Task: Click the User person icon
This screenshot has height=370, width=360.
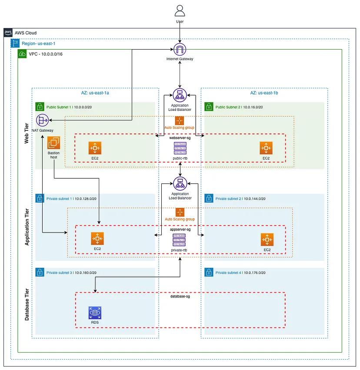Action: click(180, 10)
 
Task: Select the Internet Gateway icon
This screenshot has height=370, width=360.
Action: click(180, 49)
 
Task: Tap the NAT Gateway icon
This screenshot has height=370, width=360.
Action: click(43, 120)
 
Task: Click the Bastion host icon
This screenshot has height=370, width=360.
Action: click(54, 143)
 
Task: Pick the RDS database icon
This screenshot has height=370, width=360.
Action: click(95, 313)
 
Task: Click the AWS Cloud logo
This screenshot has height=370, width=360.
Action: click(8, 33)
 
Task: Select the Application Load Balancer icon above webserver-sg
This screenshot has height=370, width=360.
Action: click(180, 95)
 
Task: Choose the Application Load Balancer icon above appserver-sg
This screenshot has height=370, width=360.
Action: click(180, 183)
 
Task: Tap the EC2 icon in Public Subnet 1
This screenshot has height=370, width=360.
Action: click(95, 148)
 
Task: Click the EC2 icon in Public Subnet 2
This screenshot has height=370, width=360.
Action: click(266, 148)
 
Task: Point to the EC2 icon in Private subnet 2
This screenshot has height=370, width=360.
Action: click(267, 240)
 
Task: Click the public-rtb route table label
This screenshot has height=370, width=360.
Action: click(180, 158)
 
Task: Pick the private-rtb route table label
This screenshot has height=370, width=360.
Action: click(180, 251)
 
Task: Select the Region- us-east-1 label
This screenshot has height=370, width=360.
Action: click(38, 44)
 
